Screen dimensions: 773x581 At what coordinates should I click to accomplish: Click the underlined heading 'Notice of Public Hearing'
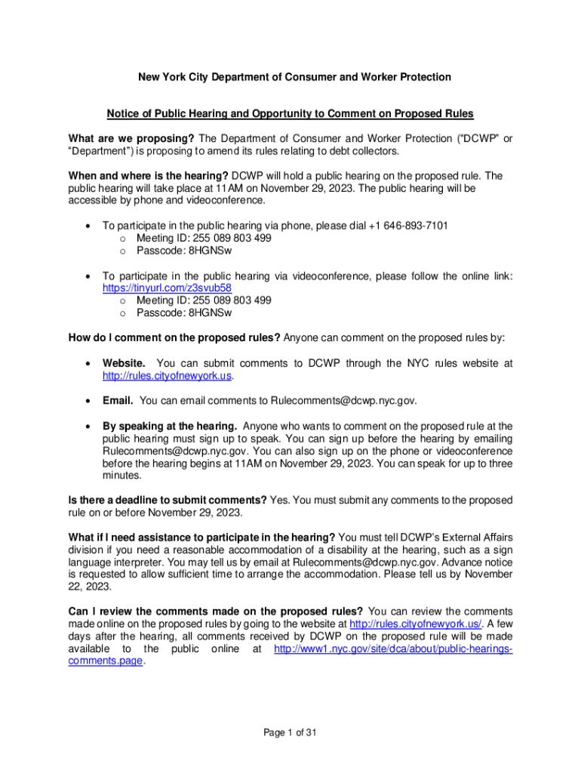pos(290,114)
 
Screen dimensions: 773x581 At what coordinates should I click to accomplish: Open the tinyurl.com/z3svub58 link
pos(167,288)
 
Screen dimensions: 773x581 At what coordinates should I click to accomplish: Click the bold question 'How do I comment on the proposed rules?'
pos(174,337)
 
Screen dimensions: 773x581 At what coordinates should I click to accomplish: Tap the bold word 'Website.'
pos(124,363)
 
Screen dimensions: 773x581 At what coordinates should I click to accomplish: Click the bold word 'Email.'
pos(118,400)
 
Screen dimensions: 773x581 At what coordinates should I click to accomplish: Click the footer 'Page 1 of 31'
pos(290,731)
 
